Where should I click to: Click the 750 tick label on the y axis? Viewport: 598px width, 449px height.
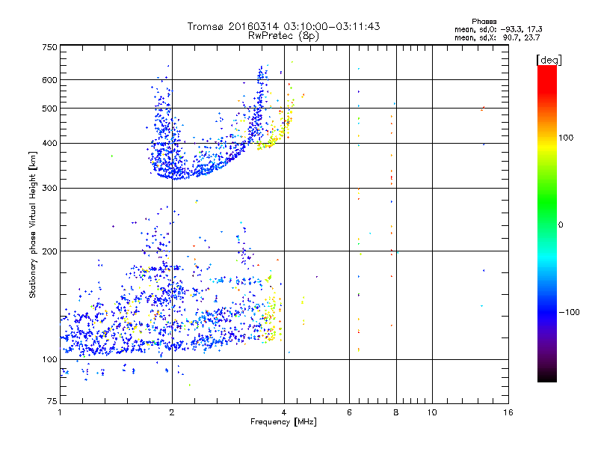point(49,46)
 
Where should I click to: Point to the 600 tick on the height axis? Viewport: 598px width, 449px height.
point(49,79)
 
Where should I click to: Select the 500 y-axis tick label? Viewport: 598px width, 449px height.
point(49,108)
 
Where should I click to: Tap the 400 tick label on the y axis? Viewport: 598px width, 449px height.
point(49,143)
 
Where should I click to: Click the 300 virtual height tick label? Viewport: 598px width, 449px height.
point(49,188)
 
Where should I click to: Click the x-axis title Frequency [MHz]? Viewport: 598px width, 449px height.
point(283,424)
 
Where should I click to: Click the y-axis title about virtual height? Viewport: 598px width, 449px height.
point(33,225)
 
